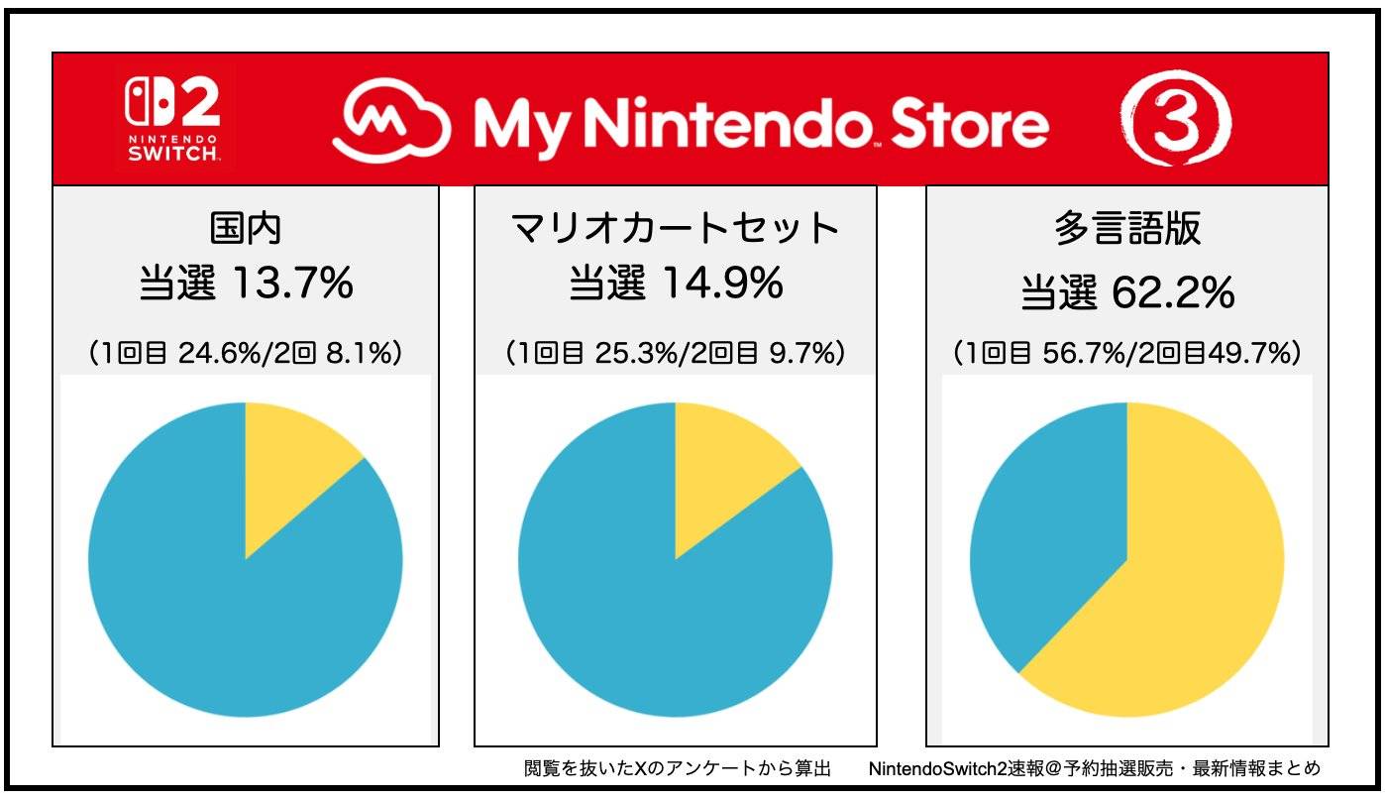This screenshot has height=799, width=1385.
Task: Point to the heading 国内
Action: (246, 229)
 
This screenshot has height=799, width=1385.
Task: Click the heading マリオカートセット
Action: (675, 229)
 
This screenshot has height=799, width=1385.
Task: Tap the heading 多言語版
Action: (1127, 229)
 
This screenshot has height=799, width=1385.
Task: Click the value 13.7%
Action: (291, 285)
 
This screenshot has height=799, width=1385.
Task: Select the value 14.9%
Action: (721, 285)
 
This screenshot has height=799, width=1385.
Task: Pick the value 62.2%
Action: (1172, 291)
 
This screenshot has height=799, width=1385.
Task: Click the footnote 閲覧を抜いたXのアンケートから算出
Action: (677, 768)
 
